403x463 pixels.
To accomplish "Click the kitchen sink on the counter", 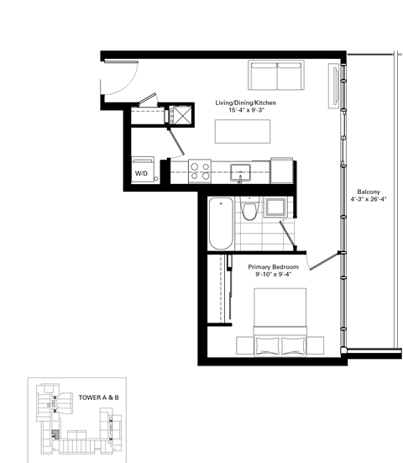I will (240, 170).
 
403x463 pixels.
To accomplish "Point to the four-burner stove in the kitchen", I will (200, 171).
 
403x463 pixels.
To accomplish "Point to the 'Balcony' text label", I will (368, 191).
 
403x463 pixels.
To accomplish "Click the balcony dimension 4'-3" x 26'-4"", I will (368, 200).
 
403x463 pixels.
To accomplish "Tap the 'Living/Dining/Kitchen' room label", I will (245, 103).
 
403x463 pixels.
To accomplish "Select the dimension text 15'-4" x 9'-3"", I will (245, 111).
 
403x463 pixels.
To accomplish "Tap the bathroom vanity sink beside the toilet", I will (275, 207).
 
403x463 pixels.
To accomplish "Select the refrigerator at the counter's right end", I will (281, 171).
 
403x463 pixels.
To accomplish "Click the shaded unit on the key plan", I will (56, 434).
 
